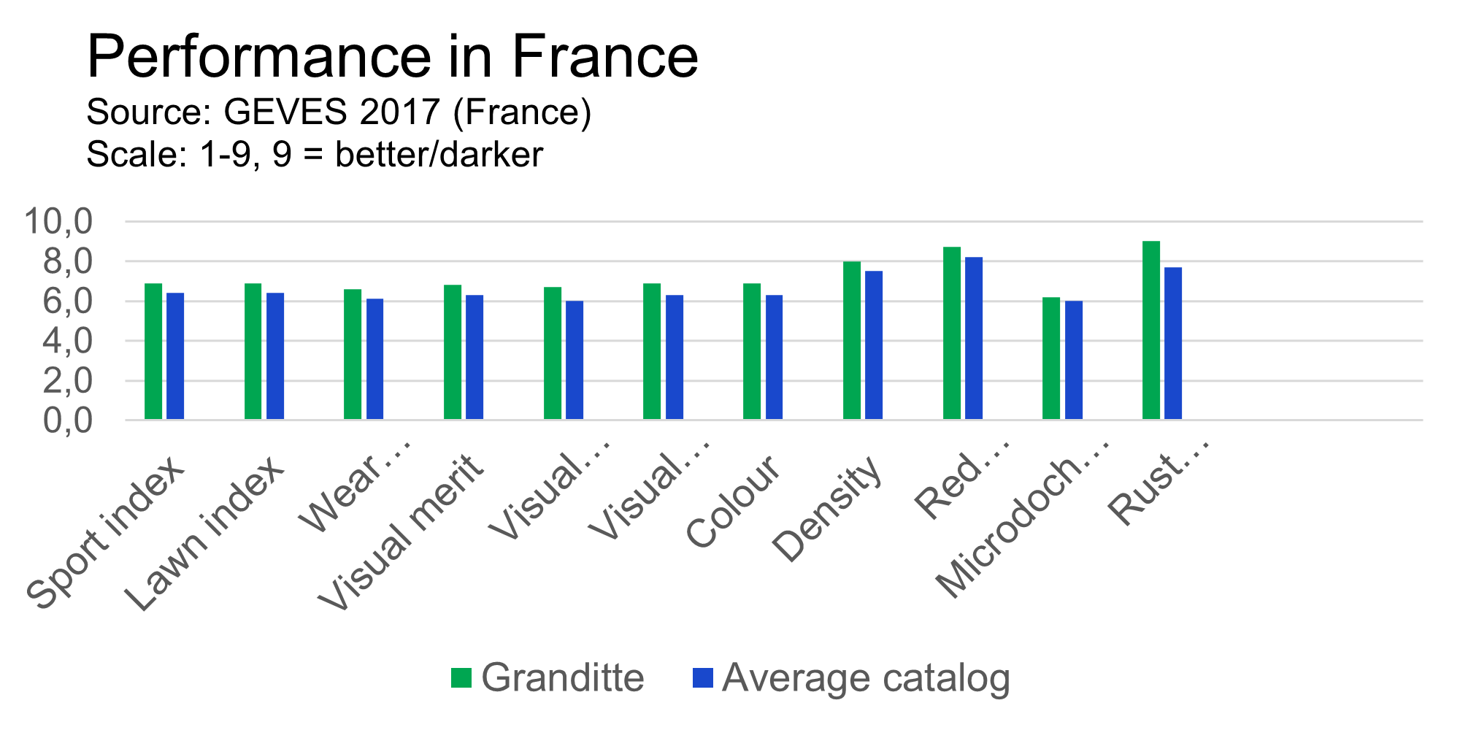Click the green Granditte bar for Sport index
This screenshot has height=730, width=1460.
153,351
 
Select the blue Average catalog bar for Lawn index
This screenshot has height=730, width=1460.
275,356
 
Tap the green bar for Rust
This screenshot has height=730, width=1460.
1151,330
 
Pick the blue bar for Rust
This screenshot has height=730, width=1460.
1173,343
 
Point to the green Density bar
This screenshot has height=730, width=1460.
852,340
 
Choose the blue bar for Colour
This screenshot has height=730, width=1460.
774,357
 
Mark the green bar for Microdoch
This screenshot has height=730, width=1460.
1051,358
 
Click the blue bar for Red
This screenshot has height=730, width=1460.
974,338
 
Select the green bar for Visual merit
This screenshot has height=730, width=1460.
453,352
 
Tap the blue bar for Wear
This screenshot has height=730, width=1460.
374,359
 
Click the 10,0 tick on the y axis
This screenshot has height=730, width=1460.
58,221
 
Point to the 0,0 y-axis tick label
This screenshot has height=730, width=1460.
67,421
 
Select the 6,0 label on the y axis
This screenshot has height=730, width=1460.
67,301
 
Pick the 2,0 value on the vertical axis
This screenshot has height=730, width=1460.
67,381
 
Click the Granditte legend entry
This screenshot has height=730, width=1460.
562,678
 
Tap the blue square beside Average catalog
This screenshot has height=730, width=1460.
702,678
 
